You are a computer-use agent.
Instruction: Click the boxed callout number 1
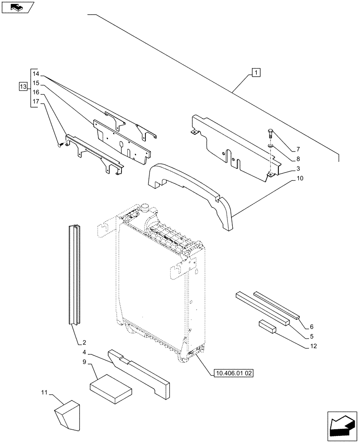[x=256, y=72]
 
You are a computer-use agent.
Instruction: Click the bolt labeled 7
[x=270, y=133]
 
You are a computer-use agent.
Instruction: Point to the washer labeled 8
[x=270, y=146]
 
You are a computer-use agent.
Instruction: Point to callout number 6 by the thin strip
[x=312, y=325]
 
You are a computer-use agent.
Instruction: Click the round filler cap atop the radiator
[x=145, y=207]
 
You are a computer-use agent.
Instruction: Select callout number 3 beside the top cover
[x=299, y=168]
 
